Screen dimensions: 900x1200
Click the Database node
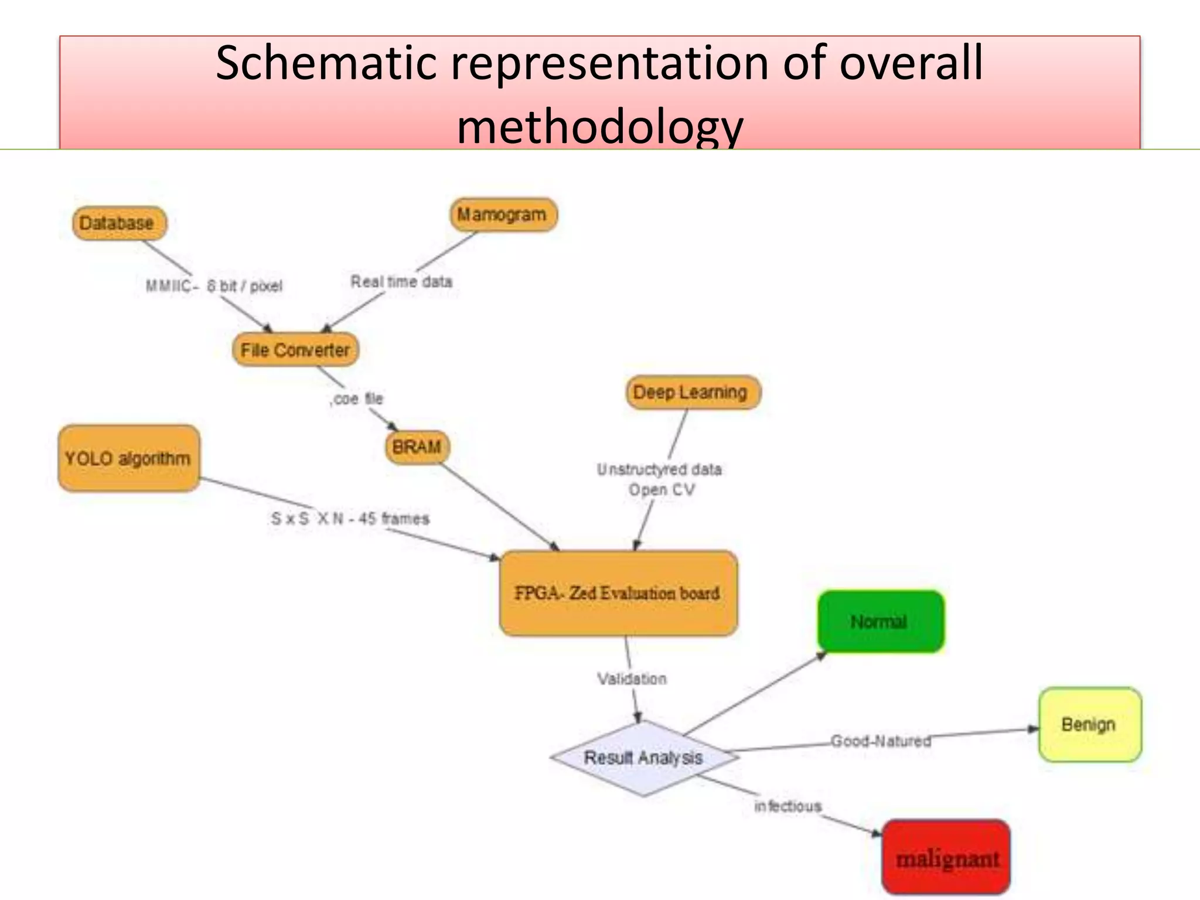119,223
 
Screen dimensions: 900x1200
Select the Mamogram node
503,215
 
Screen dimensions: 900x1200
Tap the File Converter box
295,350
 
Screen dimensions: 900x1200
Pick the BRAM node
417,447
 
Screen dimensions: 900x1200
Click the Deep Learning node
691,393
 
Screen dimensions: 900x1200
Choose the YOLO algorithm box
128,458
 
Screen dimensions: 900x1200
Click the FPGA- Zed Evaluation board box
618,593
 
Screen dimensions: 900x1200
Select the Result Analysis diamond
643,758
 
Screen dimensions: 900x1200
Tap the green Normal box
880,622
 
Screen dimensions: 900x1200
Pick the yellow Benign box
1089,725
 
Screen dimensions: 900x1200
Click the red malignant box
946,858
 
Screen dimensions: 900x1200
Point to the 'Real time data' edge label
401,282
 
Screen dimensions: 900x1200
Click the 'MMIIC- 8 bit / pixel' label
214,286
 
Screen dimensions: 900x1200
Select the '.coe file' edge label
356,399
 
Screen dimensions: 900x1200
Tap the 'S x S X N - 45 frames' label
350,519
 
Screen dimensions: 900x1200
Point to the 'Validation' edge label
632,679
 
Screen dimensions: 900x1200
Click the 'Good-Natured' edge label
881,741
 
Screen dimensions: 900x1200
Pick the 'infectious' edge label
787,806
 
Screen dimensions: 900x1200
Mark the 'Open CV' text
662,490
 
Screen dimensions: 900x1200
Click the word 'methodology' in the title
599,128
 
